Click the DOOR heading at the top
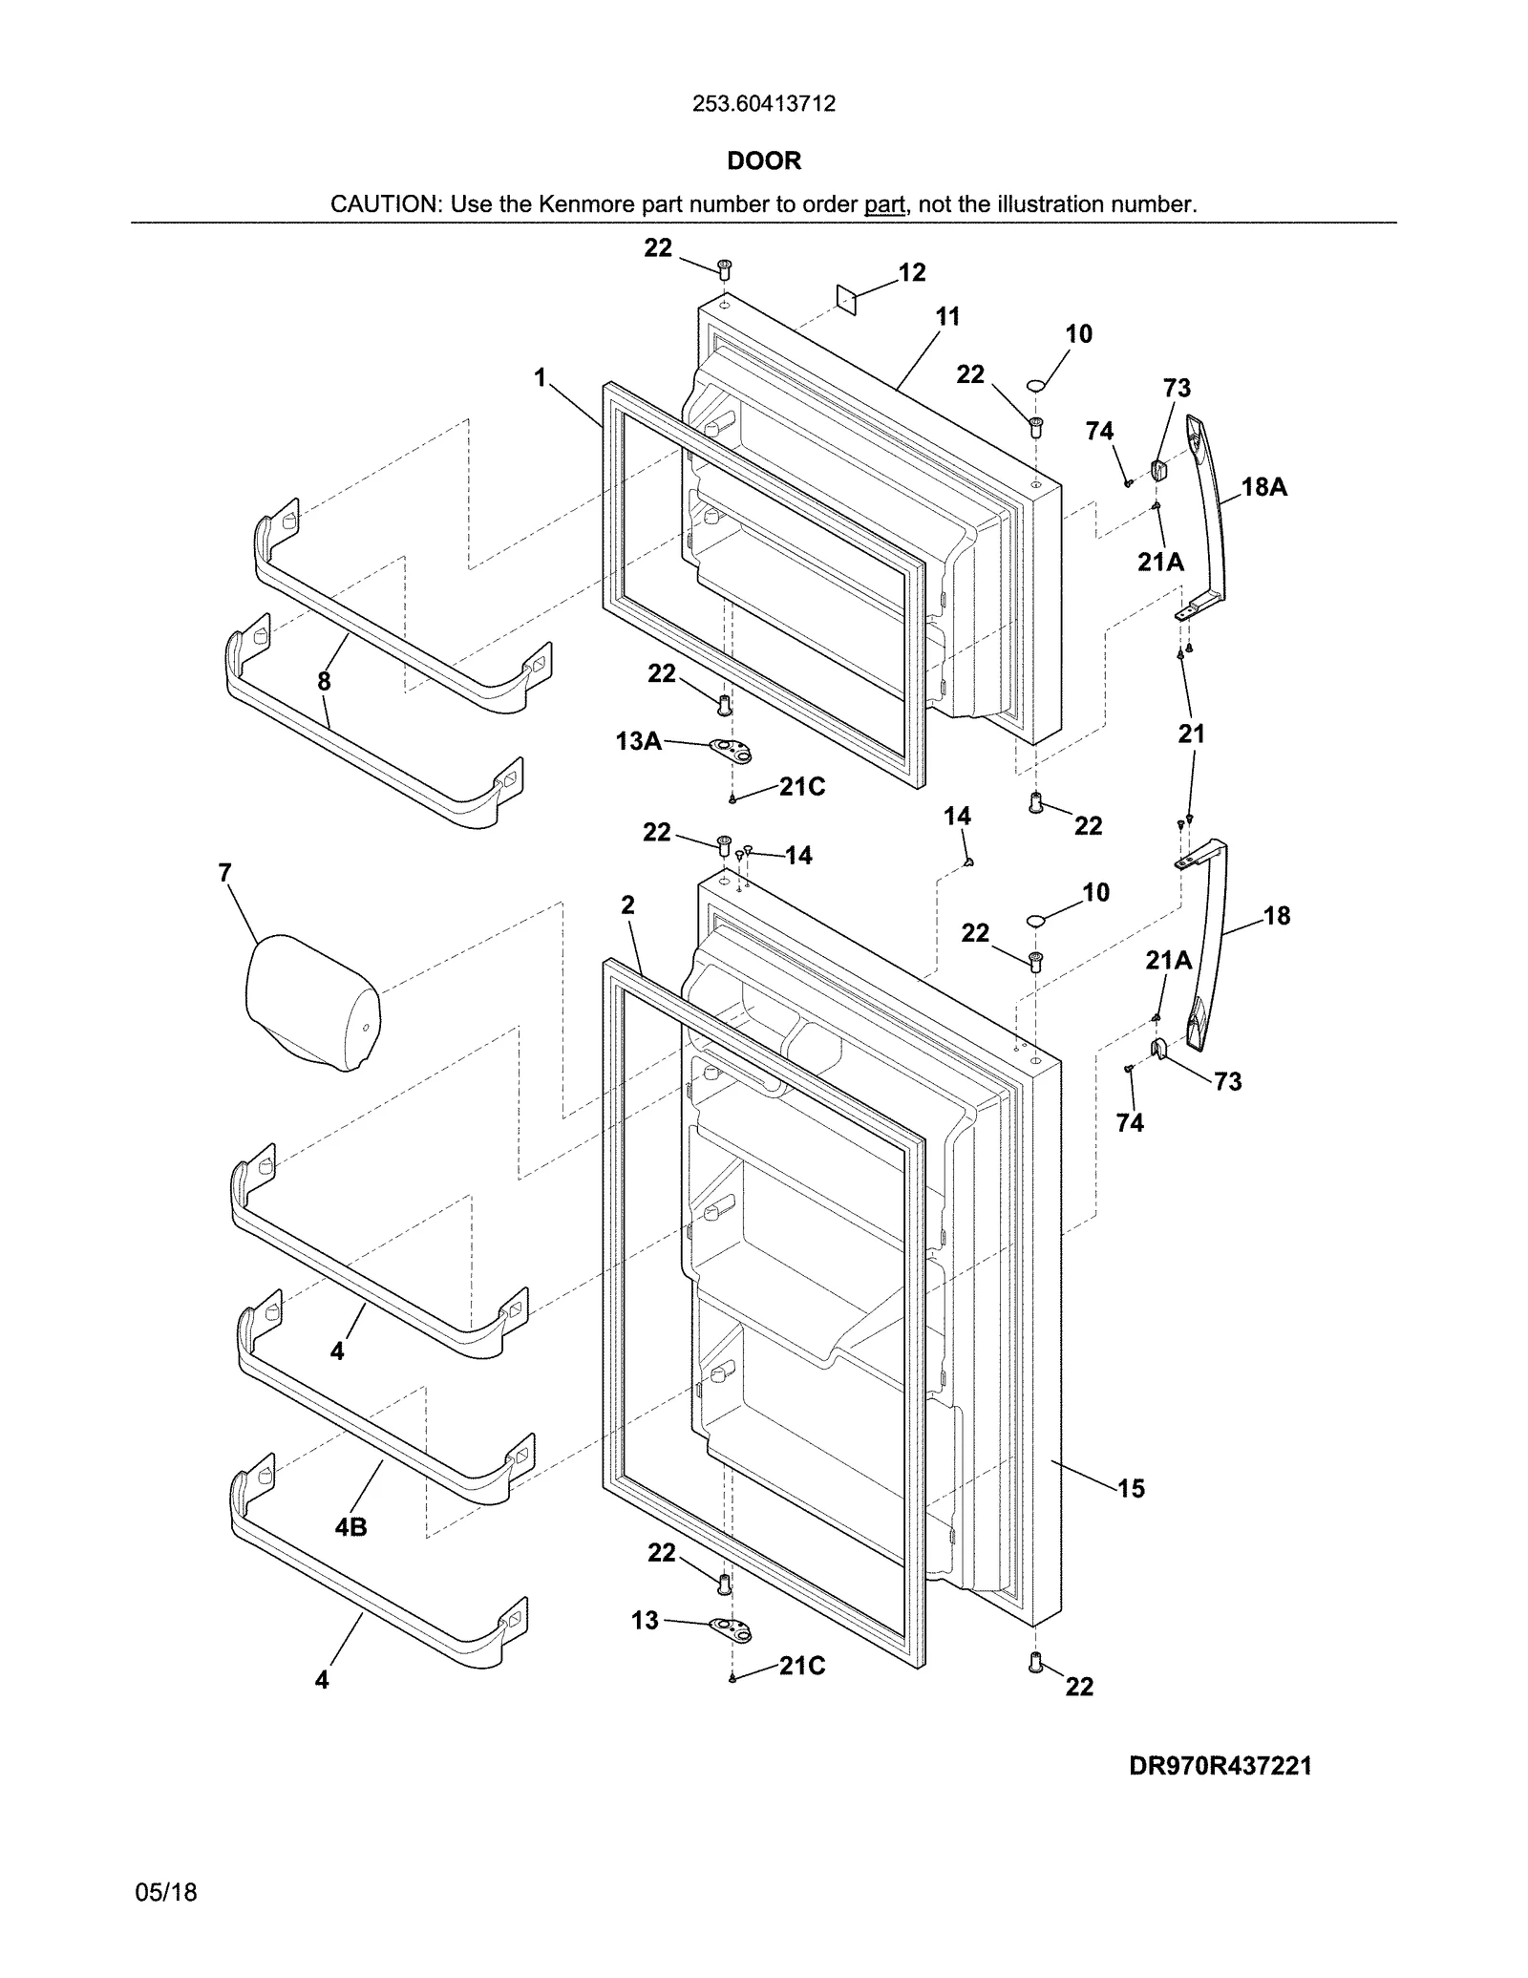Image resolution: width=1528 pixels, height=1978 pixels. pos(764,160)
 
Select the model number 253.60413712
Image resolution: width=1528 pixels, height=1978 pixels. pos(764,103)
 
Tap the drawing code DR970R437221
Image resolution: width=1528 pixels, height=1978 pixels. pos(1220,1766)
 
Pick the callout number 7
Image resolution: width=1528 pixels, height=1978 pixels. pos(224,873)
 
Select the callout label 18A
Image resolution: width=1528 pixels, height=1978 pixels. pos(1263,487)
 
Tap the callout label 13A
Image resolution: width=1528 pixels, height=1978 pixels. pos(639,740)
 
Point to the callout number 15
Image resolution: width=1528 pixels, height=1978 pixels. pos(1131,1488)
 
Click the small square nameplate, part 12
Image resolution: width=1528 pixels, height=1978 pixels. pos(846,298)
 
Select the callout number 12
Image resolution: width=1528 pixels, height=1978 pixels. pos(912,273)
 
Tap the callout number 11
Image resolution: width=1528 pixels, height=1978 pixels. pos(947,316)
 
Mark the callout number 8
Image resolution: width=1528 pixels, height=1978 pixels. pos(325,681)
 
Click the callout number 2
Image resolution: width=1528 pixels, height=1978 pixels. pos(627,904)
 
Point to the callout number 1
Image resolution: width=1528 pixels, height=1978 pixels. pos(541,378)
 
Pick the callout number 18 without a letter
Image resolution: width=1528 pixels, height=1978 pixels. pos(1277,916)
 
